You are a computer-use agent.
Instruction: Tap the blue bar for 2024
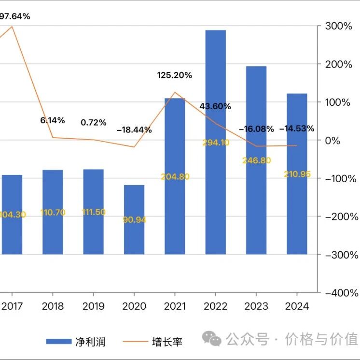297,173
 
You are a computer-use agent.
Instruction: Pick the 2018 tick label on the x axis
53,307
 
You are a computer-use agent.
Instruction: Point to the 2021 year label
175,307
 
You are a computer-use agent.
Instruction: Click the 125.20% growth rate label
175,75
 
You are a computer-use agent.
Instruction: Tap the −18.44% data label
134,130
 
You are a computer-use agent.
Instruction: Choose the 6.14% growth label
53,120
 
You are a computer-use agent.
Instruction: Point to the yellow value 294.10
216,143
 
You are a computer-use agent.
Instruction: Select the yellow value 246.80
256,160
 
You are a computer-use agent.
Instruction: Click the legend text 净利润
90,342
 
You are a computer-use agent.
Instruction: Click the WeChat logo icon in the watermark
212,338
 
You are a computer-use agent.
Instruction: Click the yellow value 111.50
94,212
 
